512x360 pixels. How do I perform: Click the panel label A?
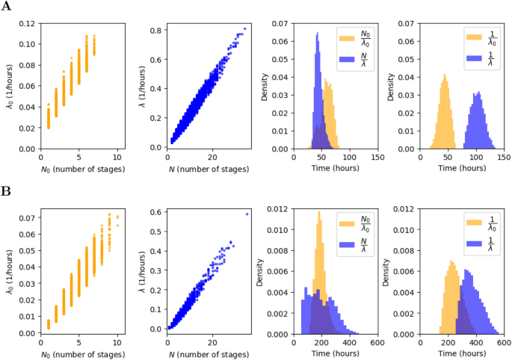point(6,7)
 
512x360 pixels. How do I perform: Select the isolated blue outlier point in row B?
point(247,214)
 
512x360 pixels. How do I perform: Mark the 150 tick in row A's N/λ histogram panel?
point(377,158)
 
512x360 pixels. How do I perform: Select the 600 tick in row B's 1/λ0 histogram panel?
point(504,341)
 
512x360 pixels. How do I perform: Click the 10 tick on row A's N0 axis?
point(117,158)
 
